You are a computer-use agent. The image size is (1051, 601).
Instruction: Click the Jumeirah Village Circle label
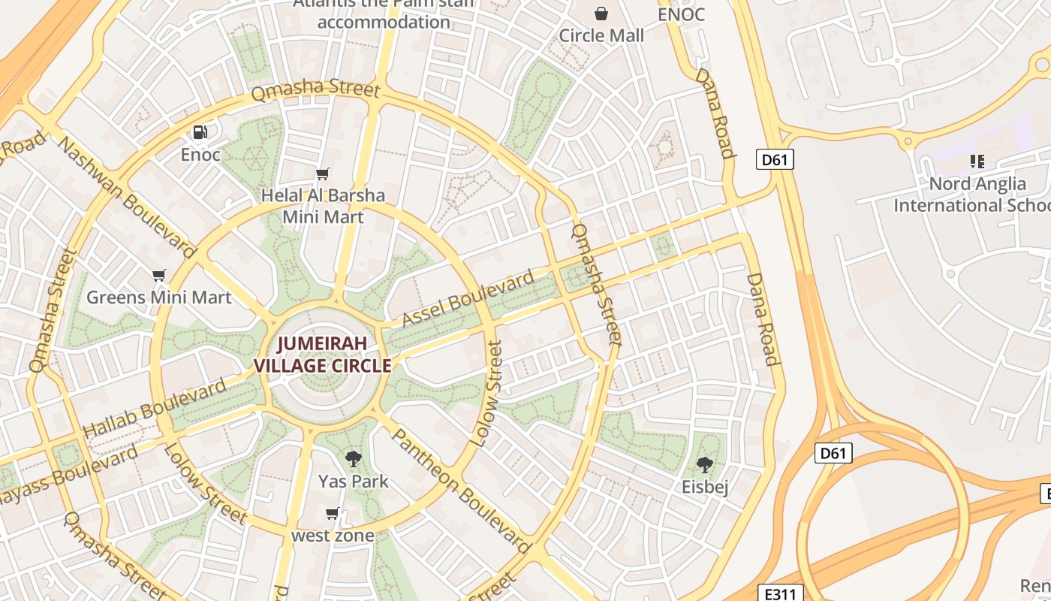tap(323, 355)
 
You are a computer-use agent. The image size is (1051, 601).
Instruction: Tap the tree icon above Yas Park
tap(353, 458)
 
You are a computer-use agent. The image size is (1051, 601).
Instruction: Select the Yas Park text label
tap(353, 481)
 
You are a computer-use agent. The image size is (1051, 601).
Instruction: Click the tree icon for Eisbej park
tap(704, 465)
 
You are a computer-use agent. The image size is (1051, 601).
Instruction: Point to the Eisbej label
tap(704, 487)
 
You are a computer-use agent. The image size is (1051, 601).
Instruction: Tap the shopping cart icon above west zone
tap(333, 514)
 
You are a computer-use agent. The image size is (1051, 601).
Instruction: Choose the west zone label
tap(333, 536)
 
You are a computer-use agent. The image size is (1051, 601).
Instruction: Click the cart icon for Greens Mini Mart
tap(158, 276)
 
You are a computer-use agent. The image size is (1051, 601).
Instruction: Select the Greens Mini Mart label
tap(158, 297)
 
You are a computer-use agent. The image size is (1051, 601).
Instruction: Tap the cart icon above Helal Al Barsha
tap(323, 174)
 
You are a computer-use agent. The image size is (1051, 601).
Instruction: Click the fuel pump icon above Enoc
tap(200, 133)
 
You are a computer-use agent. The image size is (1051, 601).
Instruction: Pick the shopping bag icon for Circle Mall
tap(601, 14)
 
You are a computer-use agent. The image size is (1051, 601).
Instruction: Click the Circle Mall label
tap(601, 35)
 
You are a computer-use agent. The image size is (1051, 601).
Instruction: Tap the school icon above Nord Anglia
tap(977, 162)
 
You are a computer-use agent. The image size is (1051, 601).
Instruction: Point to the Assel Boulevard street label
tap(468, 298)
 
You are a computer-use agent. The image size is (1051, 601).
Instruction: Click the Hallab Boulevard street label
tap(155, 409)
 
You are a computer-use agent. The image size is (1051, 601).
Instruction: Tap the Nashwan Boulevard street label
tap(127, 197)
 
